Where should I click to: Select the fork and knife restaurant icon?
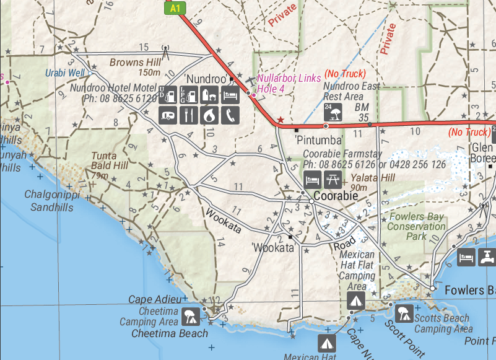(189, 115)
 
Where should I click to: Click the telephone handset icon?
(230, 115)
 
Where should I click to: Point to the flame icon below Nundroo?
(210, 115)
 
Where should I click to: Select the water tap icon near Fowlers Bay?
(488, 257)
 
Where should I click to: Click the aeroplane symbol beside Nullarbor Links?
(249, 81)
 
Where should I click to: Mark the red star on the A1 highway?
(281, 119)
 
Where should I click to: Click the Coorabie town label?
(336, 196)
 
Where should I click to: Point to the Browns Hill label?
(135, 62)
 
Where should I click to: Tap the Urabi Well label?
(64, 73)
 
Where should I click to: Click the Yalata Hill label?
(372, 177)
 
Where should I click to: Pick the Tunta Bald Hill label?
(110, 161)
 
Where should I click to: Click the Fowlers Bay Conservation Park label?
(416, 226)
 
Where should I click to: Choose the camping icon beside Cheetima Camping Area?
(190, 317)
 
